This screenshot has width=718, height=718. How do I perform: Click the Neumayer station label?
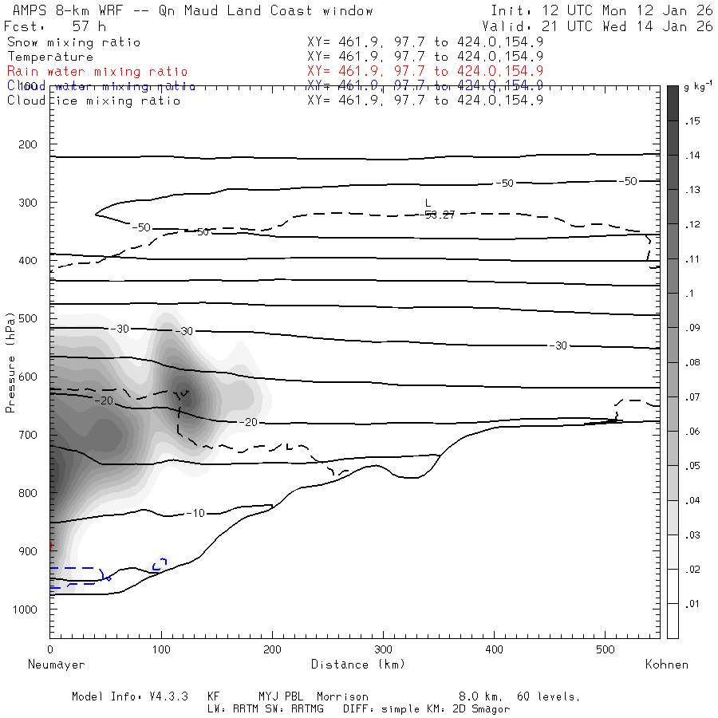point(56,664)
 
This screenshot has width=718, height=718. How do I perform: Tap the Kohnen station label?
point(666,664)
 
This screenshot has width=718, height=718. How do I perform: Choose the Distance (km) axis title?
point(357,664)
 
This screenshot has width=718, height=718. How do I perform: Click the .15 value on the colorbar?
point(692,121)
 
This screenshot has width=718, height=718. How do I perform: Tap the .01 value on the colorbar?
point(692,604)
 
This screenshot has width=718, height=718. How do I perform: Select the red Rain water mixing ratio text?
point(97,72)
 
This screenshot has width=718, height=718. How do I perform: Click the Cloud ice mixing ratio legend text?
point(94,101)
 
